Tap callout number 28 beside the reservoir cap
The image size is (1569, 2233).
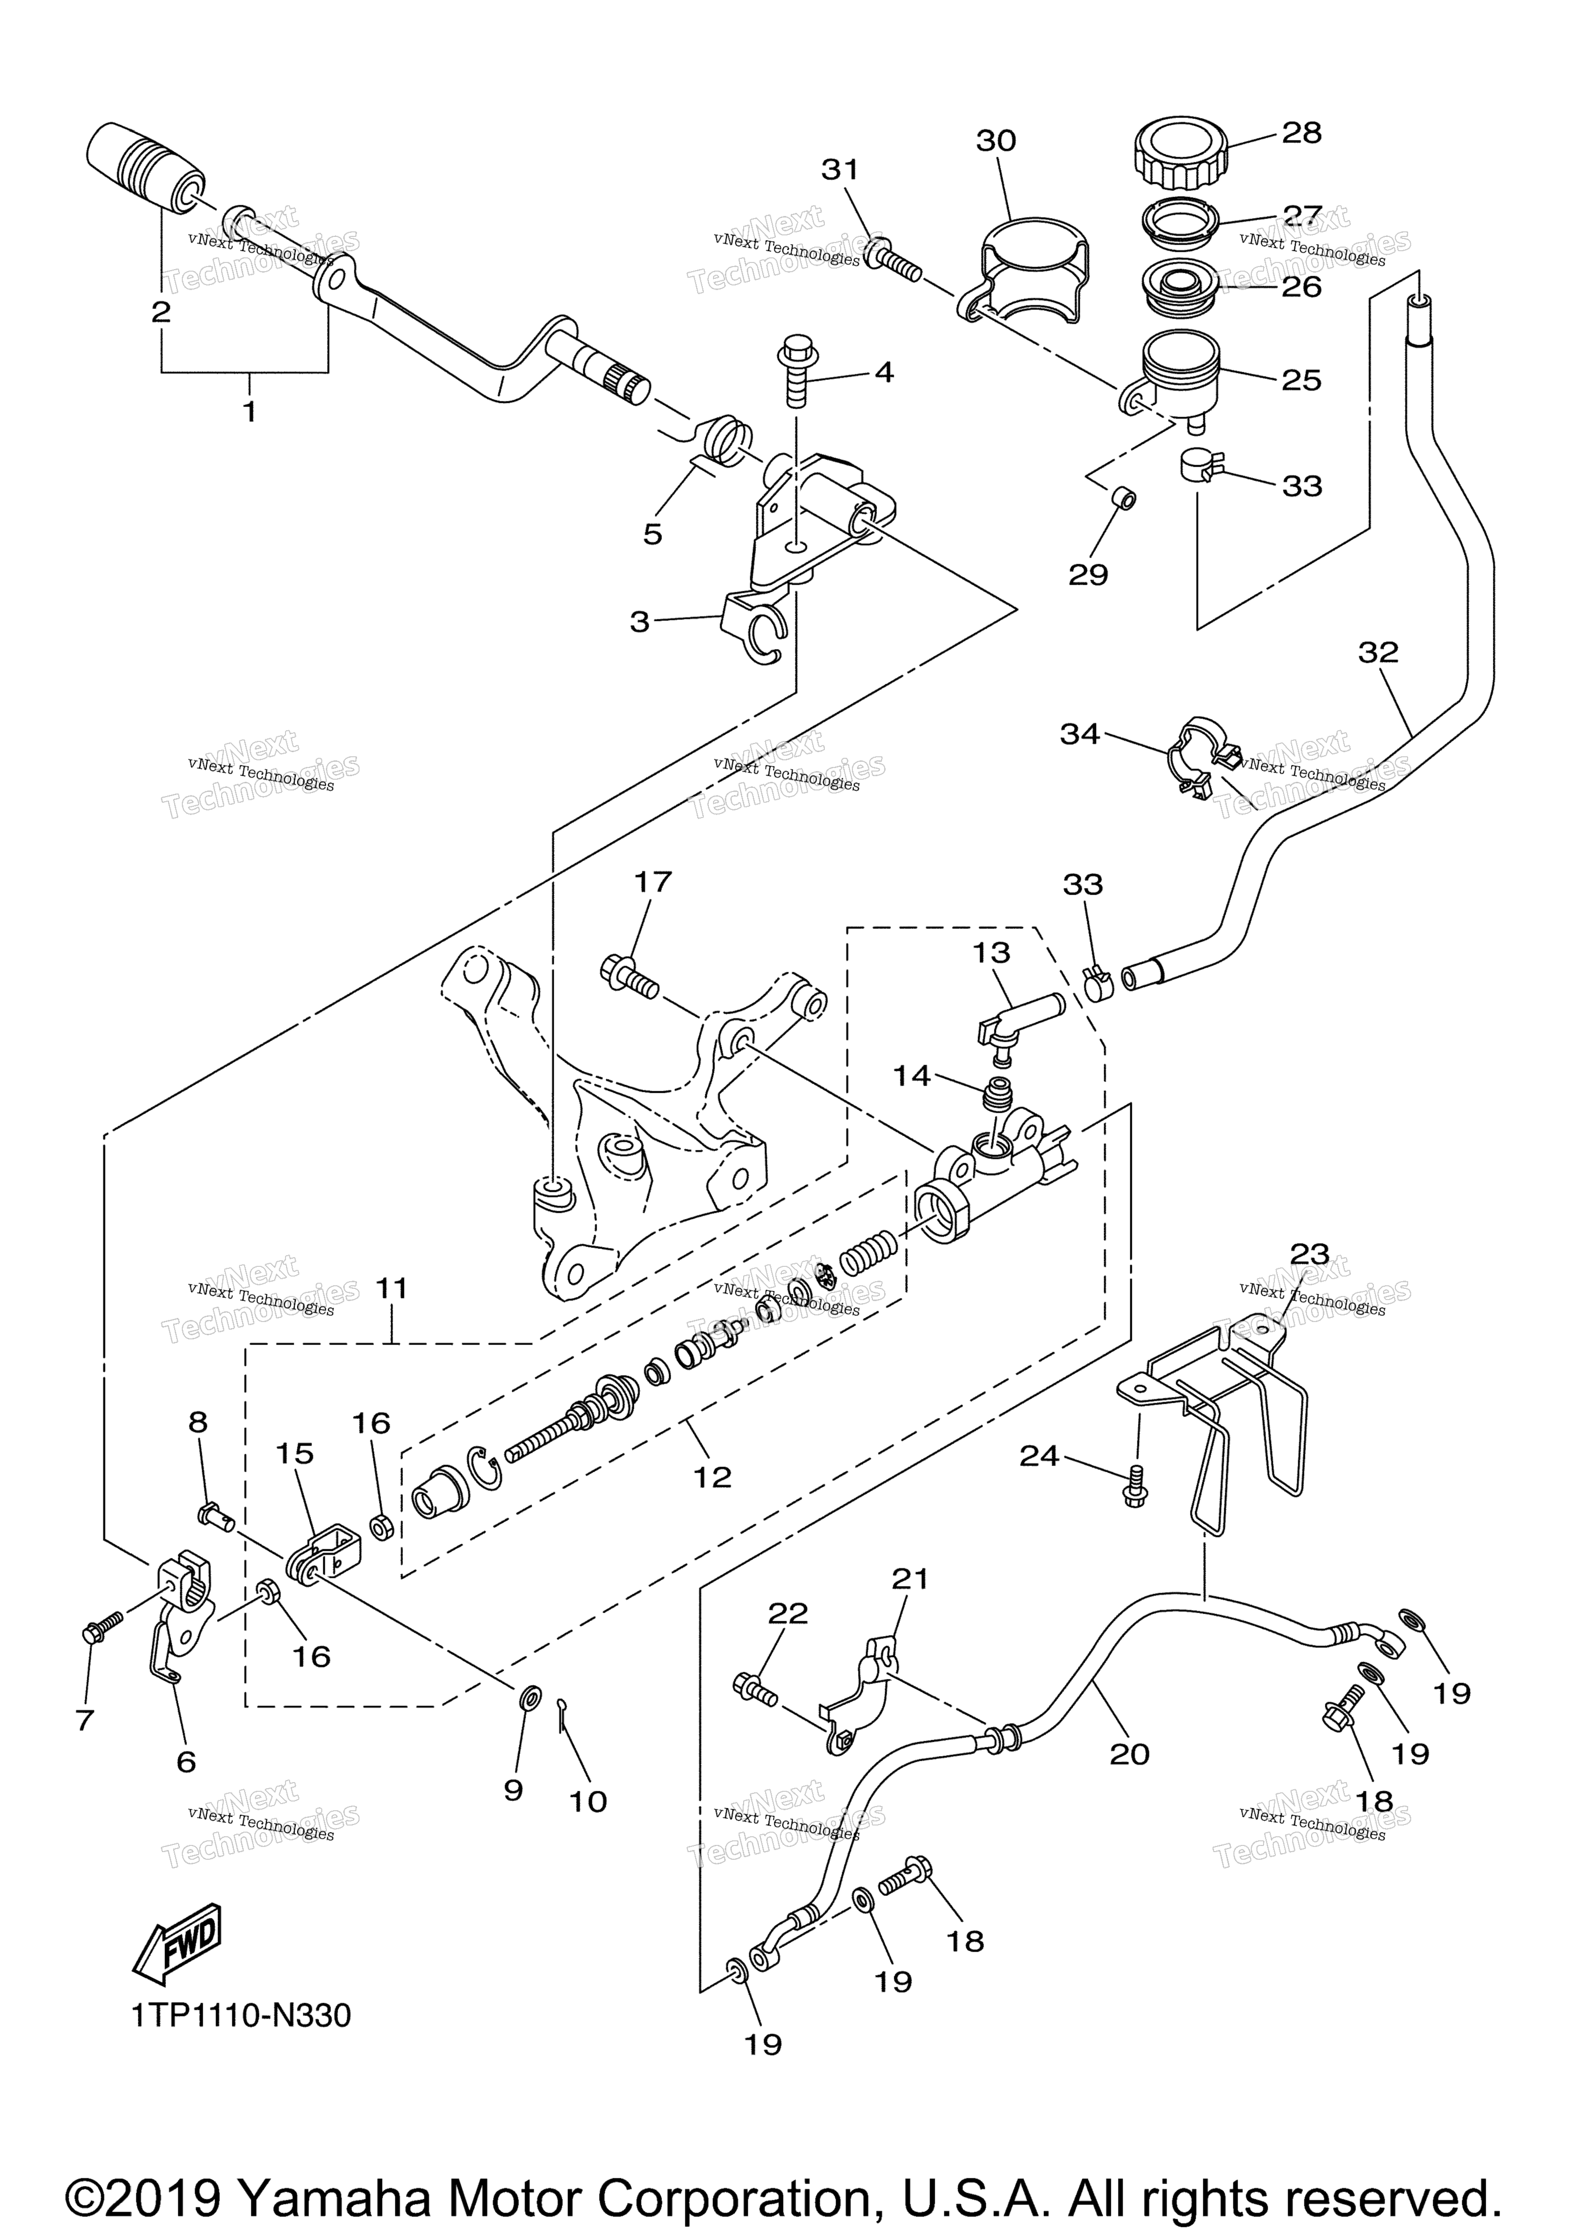click(x=1301, y=133)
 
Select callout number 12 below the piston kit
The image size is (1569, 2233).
click(x=712, y=1477)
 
